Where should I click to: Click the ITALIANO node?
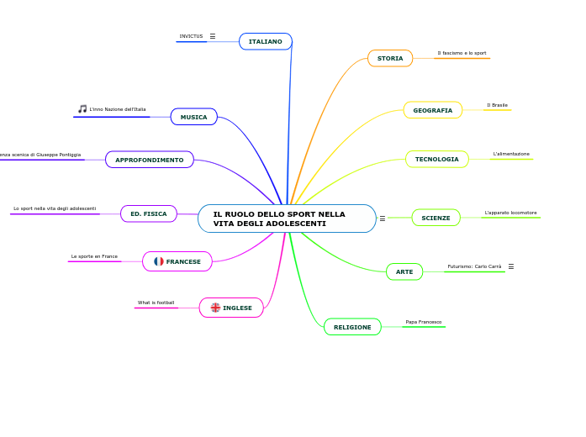[266, 41]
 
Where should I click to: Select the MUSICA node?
[194, 117]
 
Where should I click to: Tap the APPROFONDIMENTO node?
[150, 160]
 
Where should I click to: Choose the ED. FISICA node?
[149, 213]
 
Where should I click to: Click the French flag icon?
[159, 261]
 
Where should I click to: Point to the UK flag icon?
[215, 308]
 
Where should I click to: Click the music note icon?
[82, 108]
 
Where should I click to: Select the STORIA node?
[390, 58]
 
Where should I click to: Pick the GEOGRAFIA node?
[433, 110]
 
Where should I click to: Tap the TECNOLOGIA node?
[437, 159]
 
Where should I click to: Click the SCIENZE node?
[436, 218]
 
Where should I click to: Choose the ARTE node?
[404, 271]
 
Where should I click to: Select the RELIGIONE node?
[352, 327]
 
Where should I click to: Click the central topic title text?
[279, 218]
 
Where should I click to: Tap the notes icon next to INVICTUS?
[213, 36]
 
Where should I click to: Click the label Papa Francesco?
[424, 322]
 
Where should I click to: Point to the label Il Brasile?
[498, 105]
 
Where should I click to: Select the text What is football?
[156, 303]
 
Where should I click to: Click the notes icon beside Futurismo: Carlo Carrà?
[510, 266]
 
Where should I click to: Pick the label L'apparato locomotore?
[511, 213]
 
